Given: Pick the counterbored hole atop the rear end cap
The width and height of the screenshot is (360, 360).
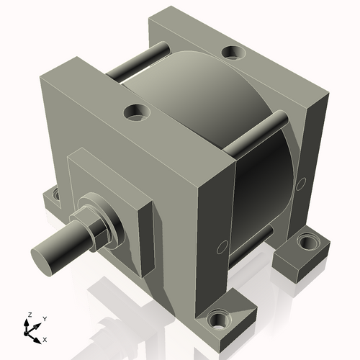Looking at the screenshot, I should pyautogui.click(x=232, y=52).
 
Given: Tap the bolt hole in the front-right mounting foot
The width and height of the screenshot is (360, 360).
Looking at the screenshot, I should pyautogui.click(x=217, y=318).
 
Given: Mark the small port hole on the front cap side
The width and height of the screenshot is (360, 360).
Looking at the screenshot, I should pyautogui.click(x=219, y=250).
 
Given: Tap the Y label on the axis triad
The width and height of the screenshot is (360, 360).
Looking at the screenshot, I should pyautogui.click(x=44, y=318).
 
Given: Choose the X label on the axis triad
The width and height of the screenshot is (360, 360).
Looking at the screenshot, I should pyautogui.click(x=45, y=338).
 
